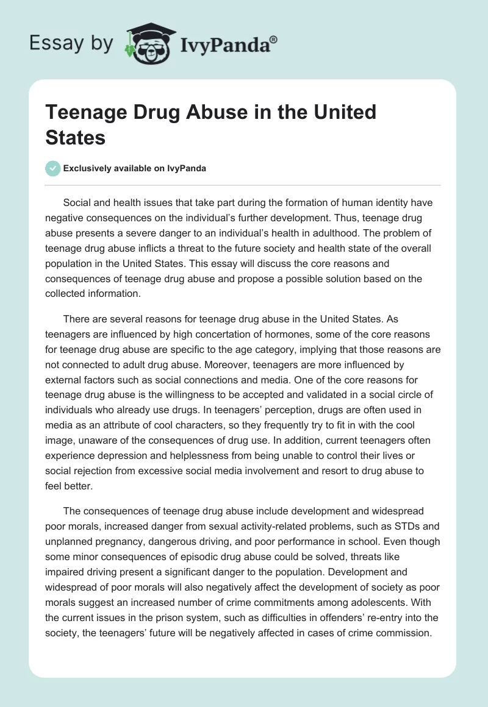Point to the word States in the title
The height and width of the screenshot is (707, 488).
(76, 137)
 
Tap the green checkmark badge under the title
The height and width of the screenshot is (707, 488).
(53, 168)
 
